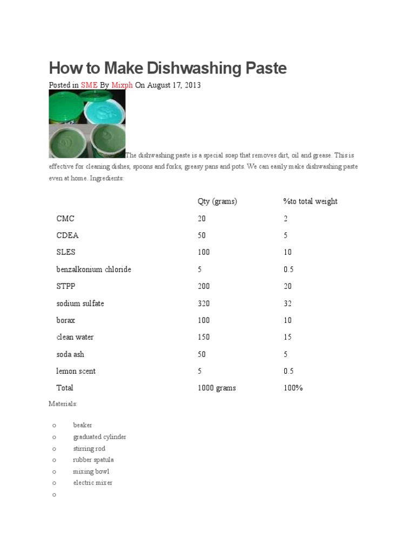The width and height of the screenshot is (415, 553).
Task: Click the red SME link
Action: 89,85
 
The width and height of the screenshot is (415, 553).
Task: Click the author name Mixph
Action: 122,85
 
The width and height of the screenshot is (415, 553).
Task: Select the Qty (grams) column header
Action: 217,201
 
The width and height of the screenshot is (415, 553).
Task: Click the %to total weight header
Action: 310,201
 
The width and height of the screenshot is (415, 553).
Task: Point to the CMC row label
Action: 65,219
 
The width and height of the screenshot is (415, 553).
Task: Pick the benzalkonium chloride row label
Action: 93,269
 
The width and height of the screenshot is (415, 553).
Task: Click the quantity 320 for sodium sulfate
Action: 204,304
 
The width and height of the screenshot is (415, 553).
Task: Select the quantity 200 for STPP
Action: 204,286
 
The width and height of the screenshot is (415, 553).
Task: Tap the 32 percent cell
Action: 287,304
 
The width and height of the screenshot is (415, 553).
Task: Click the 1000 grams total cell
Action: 217,388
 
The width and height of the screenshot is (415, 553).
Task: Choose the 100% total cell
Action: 293,388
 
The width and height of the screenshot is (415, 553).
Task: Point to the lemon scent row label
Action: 76,371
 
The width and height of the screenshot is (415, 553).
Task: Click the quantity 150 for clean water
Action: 204,337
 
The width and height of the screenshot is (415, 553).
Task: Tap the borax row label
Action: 66,320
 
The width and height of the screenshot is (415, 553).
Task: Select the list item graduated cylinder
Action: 99,437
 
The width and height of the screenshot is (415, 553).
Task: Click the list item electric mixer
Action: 93,483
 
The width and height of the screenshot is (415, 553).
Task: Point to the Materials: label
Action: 63,404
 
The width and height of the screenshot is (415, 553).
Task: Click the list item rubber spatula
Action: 93,460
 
